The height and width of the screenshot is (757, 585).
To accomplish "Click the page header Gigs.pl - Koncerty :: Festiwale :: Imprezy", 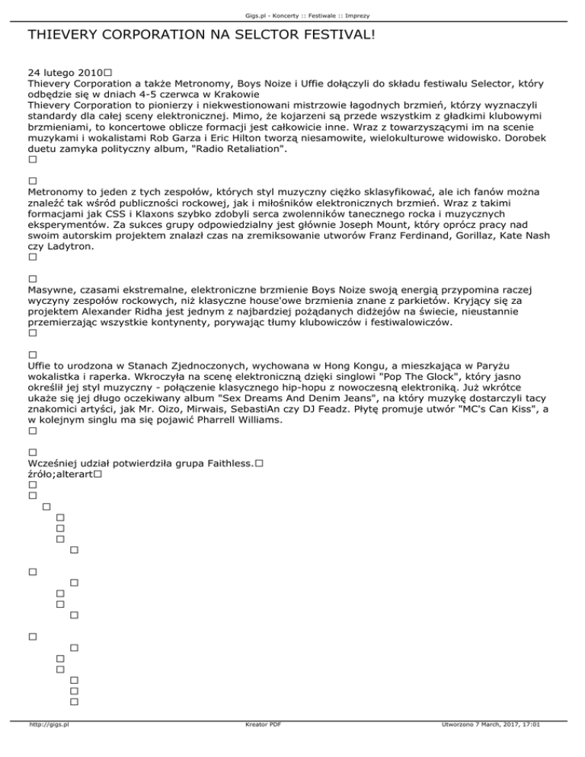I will point(292,6).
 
